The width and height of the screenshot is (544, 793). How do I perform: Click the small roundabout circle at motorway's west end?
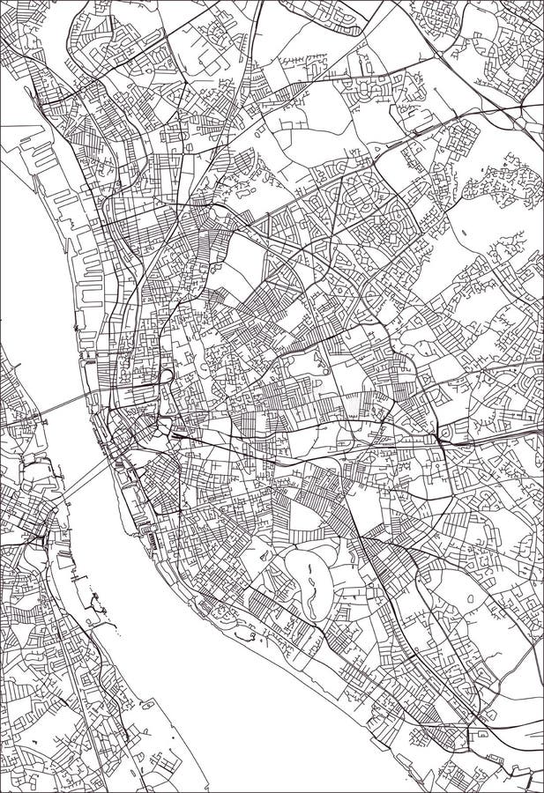[x=443, y=434]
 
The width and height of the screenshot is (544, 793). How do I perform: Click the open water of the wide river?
[x=132, y=564]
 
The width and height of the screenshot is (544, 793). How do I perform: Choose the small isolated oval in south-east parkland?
[x=470, y=599]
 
